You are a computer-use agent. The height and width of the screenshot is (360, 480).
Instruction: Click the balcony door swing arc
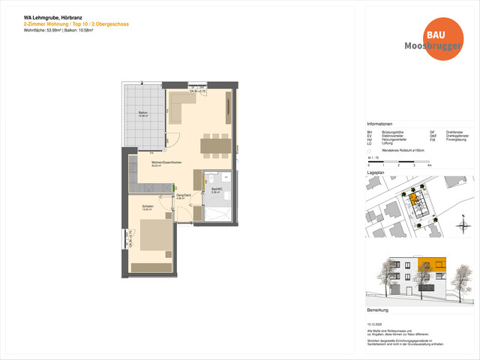(x=173, y=139)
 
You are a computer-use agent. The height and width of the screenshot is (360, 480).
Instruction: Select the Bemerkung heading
(x=377, y=309)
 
